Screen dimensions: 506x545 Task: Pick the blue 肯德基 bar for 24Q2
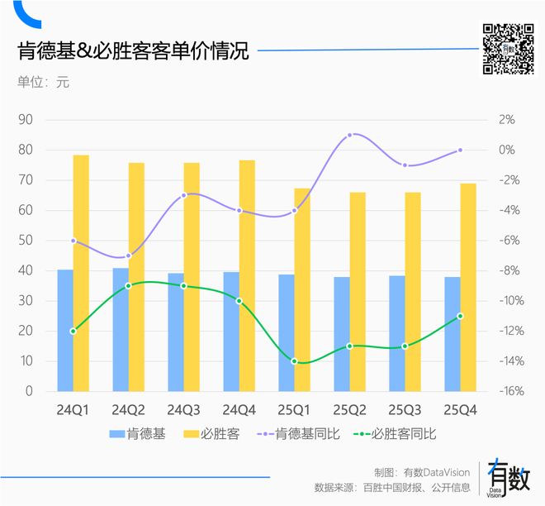point(121,329)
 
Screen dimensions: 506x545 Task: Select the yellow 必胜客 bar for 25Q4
point(468,287)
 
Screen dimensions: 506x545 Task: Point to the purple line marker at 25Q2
point(350,135)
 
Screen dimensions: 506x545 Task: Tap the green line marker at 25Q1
point(295,361)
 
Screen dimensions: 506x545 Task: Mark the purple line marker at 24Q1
point(73,241)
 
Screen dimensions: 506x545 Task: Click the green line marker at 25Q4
point(460,316)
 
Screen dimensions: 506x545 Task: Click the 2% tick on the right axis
point(506,120)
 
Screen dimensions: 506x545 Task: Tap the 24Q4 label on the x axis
point(239,409)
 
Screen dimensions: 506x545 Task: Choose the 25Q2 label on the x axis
point(350,409)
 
